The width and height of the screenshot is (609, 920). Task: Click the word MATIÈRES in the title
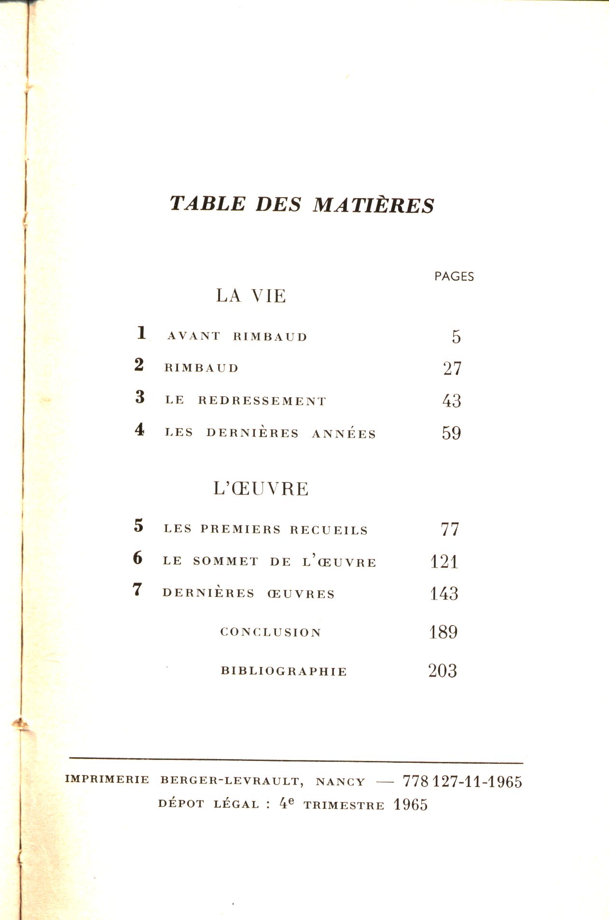point(374,205)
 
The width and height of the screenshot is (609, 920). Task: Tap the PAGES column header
point(454,277)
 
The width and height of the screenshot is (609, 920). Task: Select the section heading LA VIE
point(251,296)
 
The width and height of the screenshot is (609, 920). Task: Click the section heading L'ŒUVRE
point(261,489)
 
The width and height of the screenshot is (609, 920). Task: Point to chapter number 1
point(141,333)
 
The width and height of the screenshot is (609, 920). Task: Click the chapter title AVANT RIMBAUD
point(237,336)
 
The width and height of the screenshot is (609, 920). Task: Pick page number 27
point(452,369)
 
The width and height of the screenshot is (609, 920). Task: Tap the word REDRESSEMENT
point(262,401)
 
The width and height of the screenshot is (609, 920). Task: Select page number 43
point(452,401)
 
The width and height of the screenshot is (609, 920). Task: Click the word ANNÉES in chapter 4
point(344,434)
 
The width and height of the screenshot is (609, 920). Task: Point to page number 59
point(451,433)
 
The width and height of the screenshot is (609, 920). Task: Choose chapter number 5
point(139,525)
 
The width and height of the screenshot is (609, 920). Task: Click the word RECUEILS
point(329,530)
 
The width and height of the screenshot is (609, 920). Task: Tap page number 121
point(444,561)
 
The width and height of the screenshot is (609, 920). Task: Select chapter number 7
point(138,589)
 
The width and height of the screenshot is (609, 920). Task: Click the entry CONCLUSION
point(271,632)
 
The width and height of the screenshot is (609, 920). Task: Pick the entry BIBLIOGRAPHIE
point(284,671)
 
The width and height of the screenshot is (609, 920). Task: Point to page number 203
point(443,671)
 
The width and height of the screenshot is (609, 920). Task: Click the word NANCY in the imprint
point(340,782)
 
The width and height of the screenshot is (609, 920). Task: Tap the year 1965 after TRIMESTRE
point(410,805)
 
